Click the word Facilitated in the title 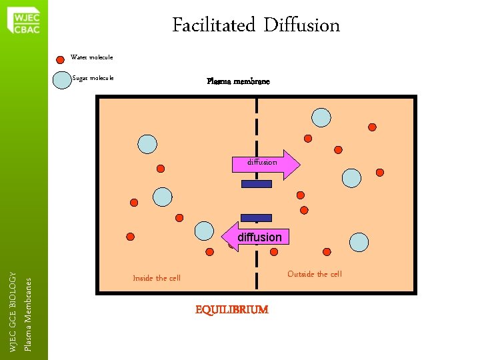point(213,26)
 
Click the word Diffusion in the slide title point(301,26)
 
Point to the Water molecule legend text point(92,57)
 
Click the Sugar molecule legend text point(93,78)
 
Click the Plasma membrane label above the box point(238,81)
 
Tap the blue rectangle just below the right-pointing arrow point(257,184)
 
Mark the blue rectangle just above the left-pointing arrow point(257,217)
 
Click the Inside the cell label point(157,278)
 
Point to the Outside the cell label point(314,274)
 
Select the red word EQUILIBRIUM point(231,309)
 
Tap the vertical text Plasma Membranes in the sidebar point(27,314)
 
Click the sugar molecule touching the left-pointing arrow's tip point(206,231)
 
